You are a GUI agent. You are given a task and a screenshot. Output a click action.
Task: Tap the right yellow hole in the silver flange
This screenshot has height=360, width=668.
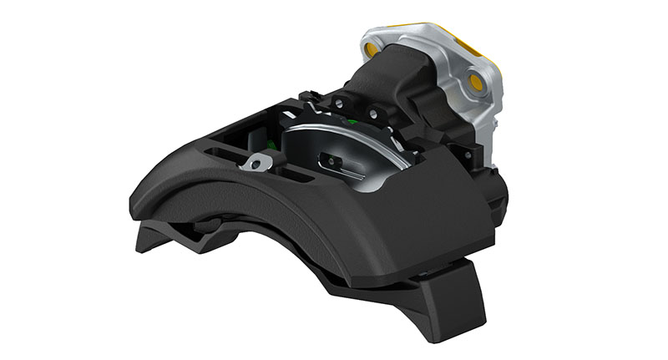[477, 81]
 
